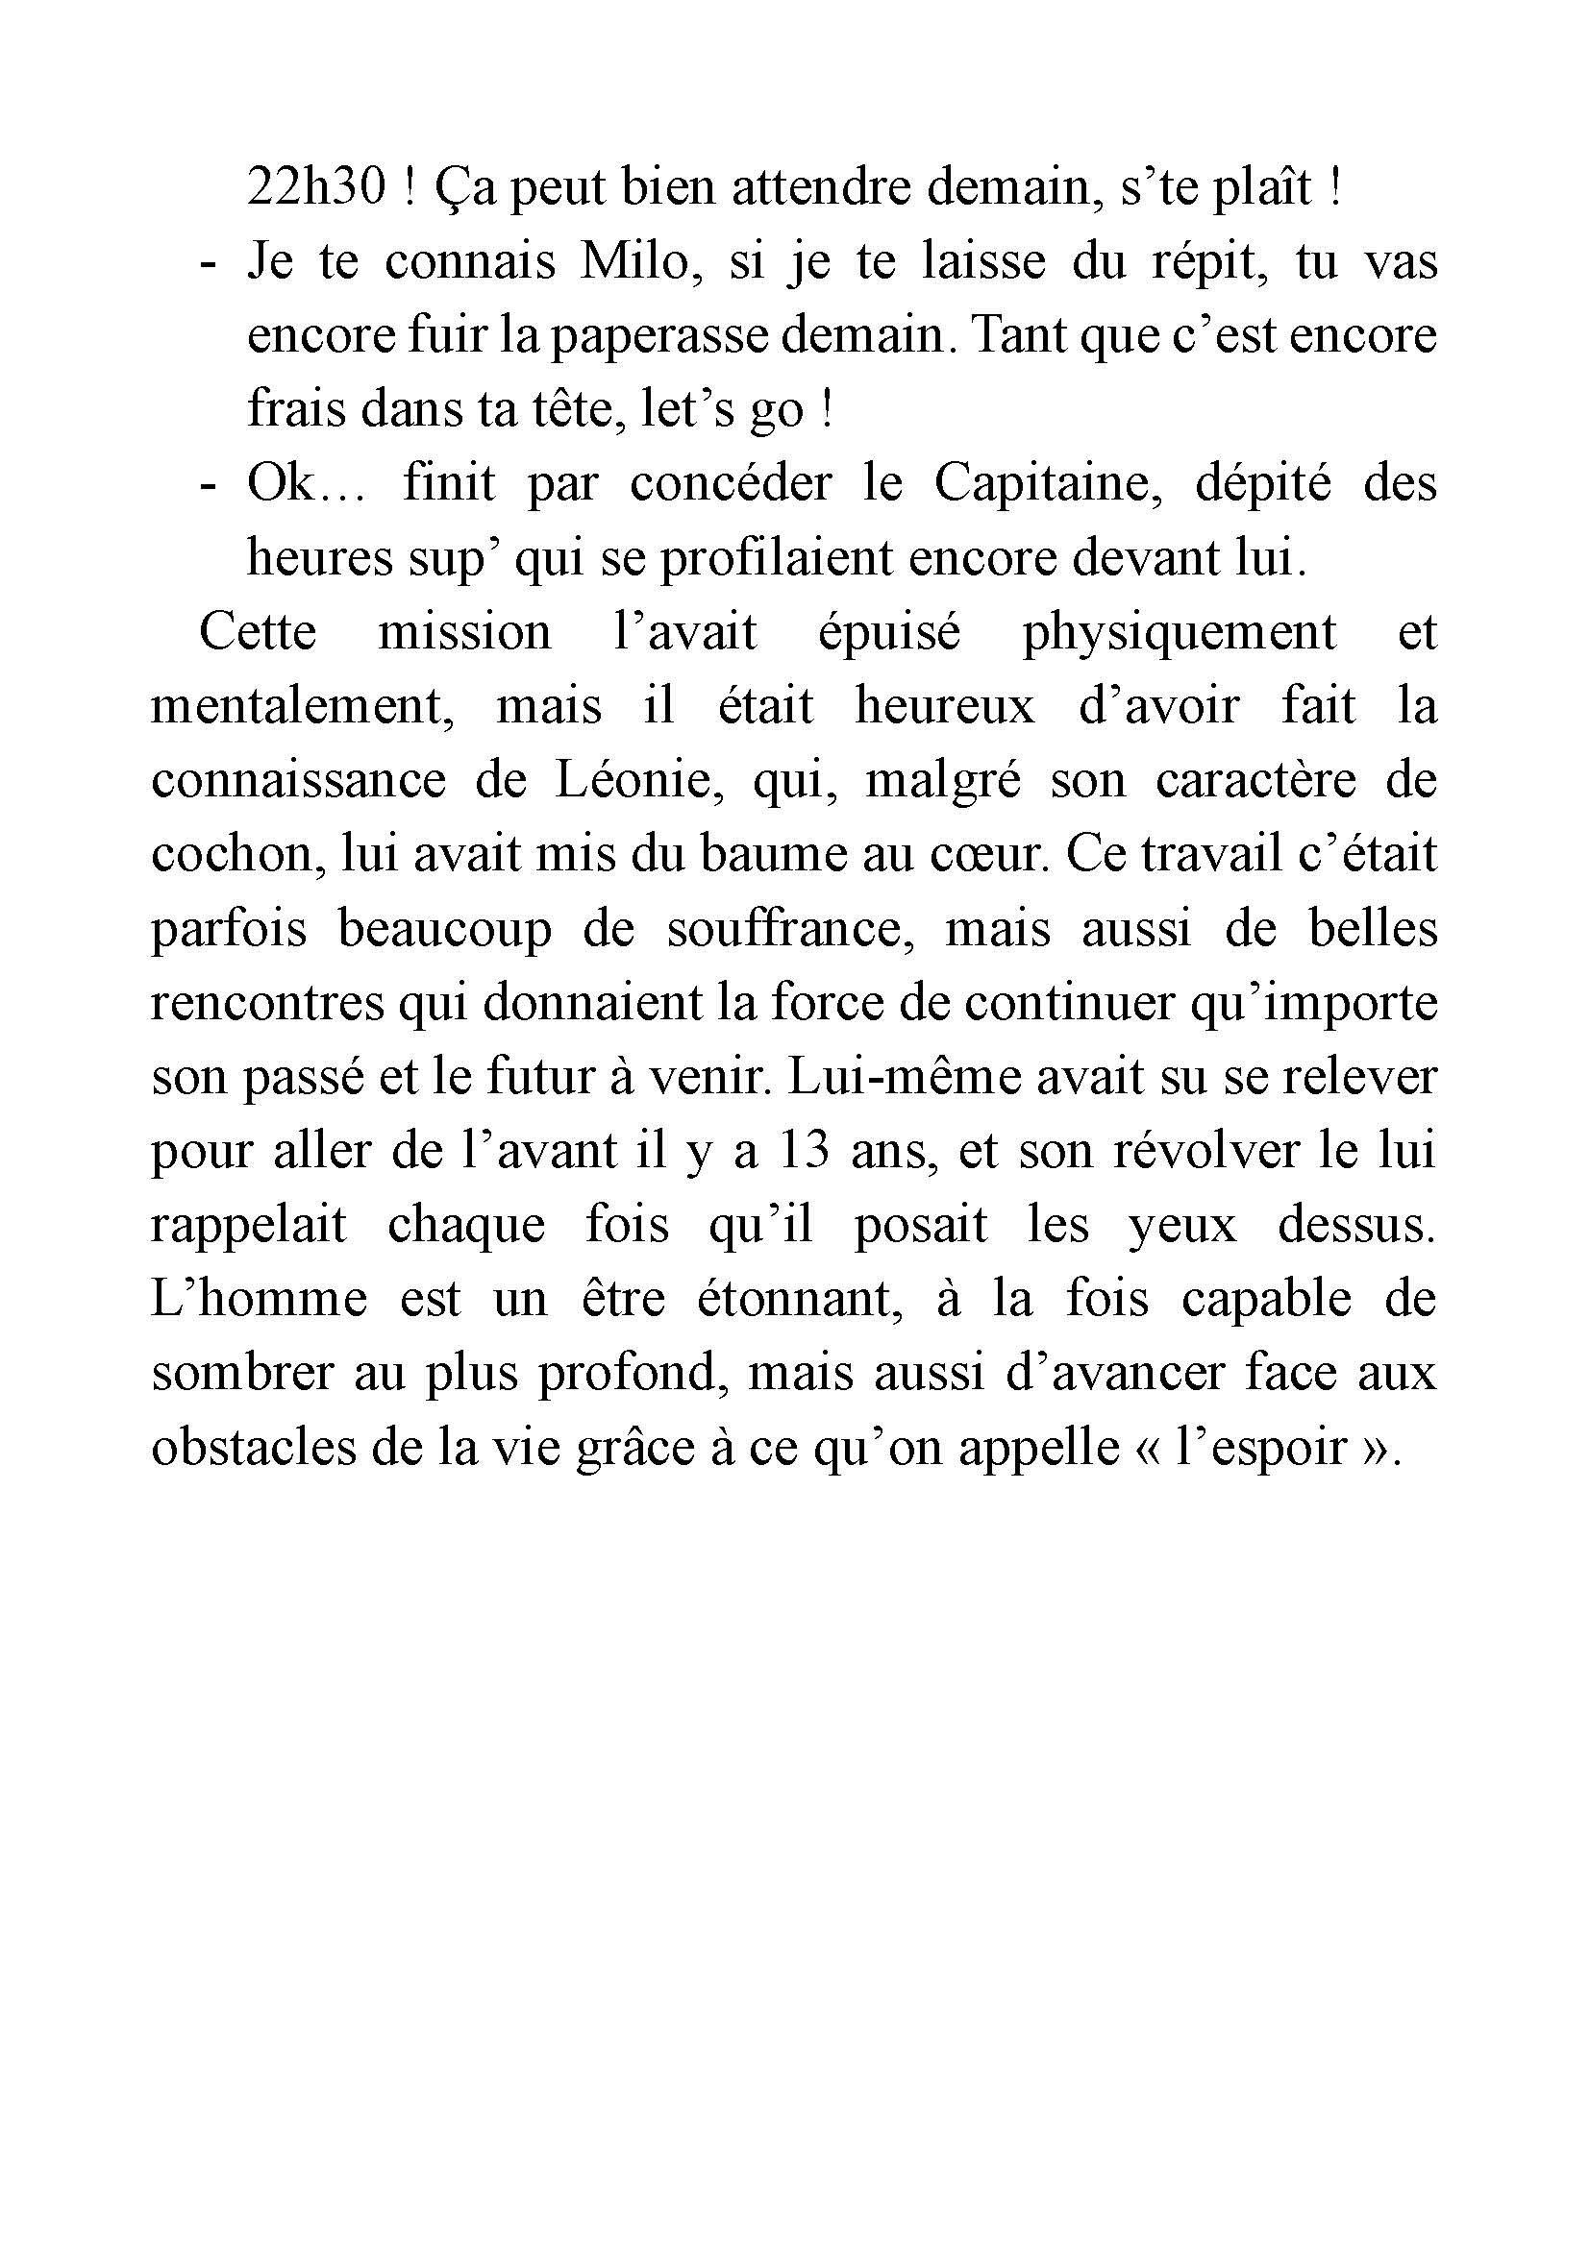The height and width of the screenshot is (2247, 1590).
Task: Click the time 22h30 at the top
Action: click(316, 188)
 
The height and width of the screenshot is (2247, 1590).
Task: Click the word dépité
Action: click(1263, 483)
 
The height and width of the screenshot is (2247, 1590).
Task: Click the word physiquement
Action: click(1179, 632)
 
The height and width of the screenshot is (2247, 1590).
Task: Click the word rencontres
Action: click(267, 1003)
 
